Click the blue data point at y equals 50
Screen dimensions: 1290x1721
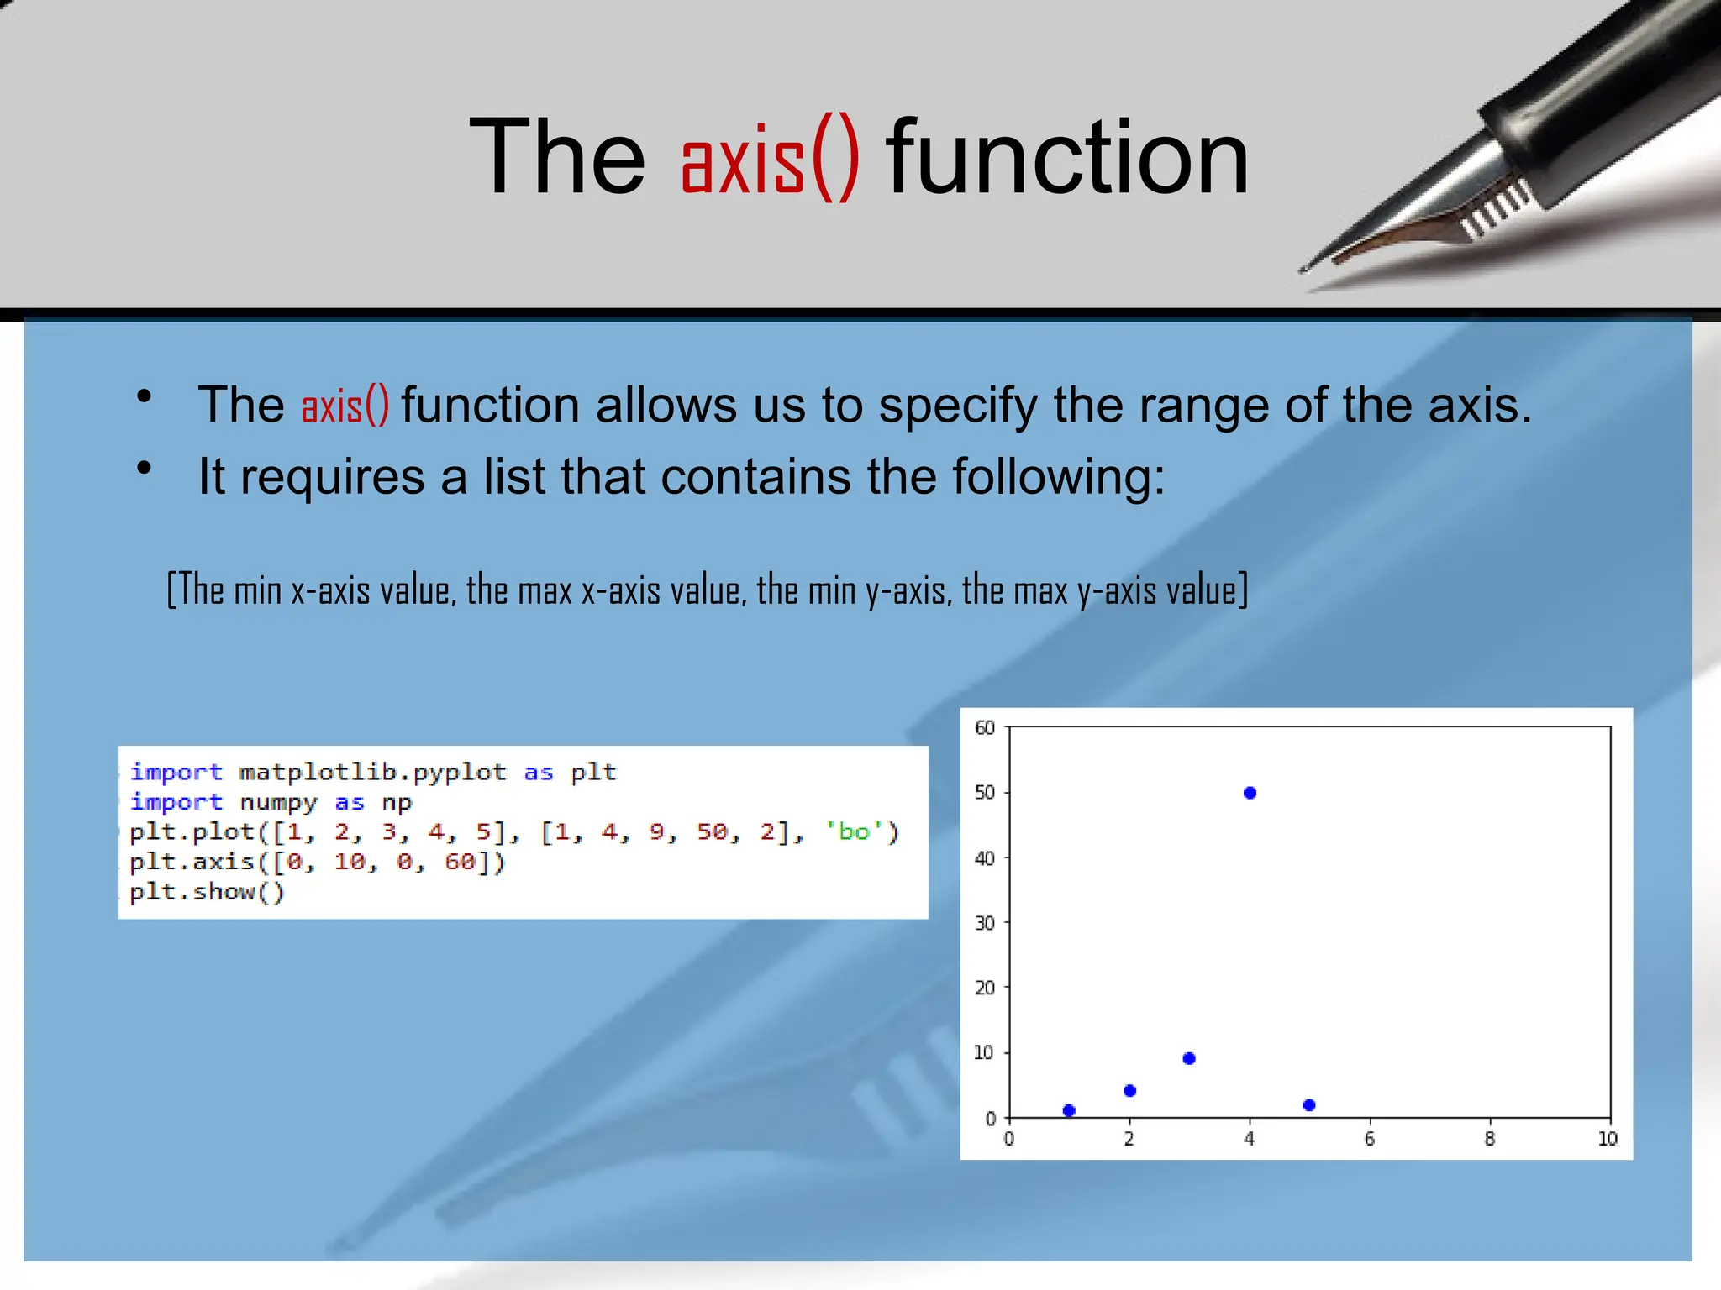[x=1250, y=793]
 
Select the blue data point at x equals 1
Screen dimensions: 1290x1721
[x=1069, y=1110]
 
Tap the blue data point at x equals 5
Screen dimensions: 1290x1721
[x=1309, y=1105]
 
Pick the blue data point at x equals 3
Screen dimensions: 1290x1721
[x=1189, y=1058]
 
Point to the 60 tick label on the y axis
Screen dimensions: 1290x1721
[x=985, y=728]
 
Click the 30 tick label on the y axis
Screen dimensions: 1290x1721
[x=985, y=923]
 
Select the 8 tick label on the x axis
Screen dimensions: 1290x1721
[x=1490, y=1139]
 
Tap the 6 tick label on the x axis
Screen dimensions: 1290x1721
[x=1370, y=1139]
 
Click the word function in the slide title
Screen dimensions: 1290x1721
[x=1067, y=158]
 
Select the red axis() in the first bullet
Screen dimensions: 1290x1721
[x=345, y=406]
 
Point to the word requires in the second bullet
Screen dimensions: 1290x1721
[x=333, y=477]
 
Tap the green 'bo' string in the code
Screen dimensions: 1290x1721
[x=854, y=831]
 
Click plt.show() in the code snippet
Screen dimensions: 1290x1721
[x=207, y=892]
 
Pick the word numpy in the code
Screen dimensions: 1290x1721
[x=278, y=802]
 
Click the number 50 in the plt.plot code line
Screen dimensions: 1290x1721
[x=713, y=831]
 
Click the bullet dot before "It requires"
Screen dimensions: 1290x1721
[x=145, y=468]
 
